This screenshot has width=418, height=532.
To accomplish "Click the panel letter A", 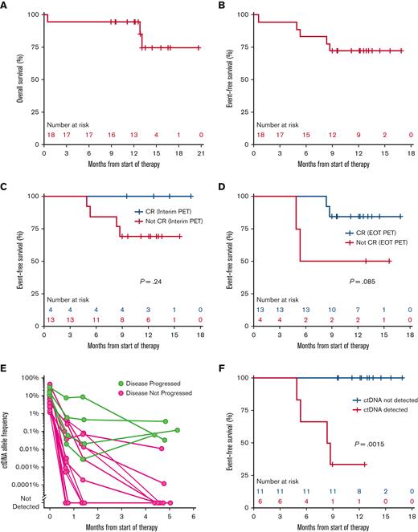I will coord(6,6).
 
